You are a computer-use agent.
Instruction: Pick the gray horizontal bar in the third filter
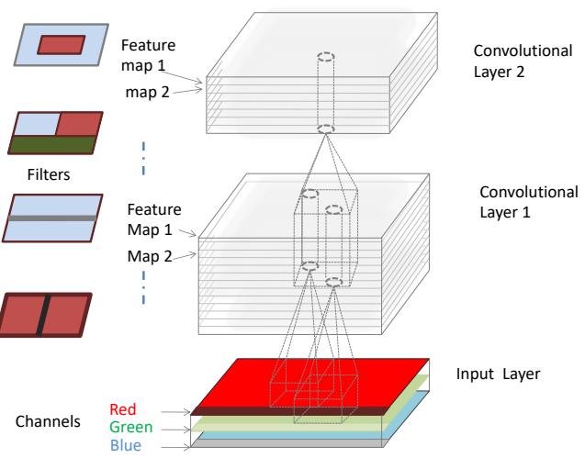point(51,218)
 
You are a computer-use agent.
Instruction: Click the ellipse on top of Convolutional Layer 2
point(325,58)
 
